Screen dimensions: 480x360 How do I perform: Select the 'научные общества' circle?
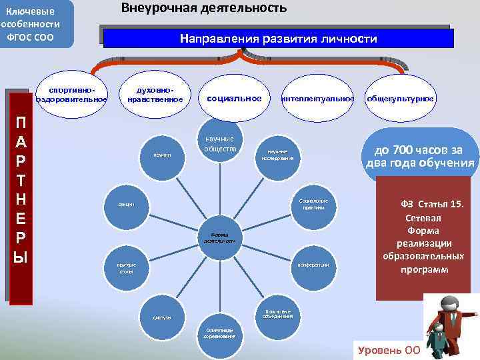219,143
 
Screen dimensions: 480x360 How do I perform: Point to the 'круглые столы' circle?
127,268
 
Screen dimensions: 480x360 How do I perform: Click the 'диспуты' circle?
162,317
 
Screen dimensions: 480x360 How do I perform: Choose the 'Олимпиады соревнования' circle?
219,333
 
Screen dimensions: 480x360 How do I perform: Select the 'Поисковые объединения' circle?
278,314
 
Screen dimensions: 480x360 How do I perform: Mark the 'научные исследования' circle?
281,155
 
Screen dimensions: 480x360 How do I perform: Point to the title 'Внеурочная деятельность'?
204,8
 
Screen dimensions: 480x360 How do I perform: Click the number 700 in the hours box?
399,150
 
